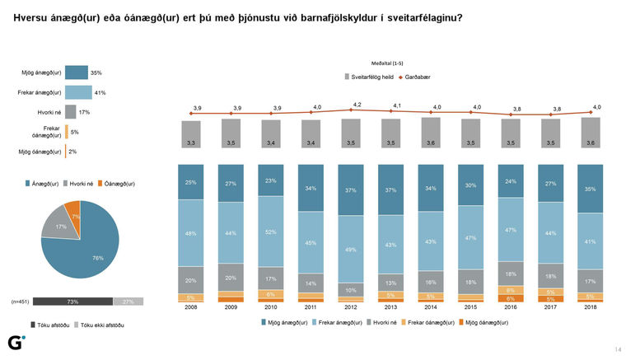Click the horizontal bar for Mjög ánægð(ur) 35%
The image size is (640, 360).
pos(76,72)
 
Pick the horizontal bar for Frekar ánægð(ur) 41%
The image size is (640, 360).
pos(78,92)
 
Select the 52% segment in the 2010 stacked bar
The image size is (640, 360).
pos(271,231)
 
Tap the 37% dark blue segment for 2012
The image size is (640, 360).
pos(350,189)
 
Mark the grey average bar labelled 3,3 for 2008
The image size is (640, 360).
pos(192,135)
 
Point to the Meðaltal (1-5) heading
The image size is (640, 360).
pos(387,63)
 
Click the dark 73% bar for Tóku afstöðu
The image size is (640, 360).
pos(72,302)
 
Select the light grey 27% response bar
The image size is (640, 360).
pos(128,302)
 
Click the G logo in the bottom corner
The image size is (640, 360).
pos(15,343)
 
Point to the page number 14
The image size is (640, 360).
pos(618,348)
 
